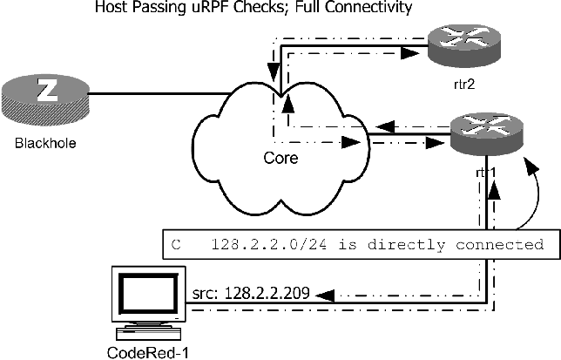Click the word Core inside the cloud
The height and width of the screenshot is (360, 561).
pyautogui.click(x=282, y=161)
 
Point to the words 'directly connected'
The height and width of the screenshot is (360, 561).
pyautogui.click(x=470, y=244)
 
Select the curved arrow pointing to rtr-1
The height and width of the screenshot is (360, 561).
pyautogui.click(x=535, y=187)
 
